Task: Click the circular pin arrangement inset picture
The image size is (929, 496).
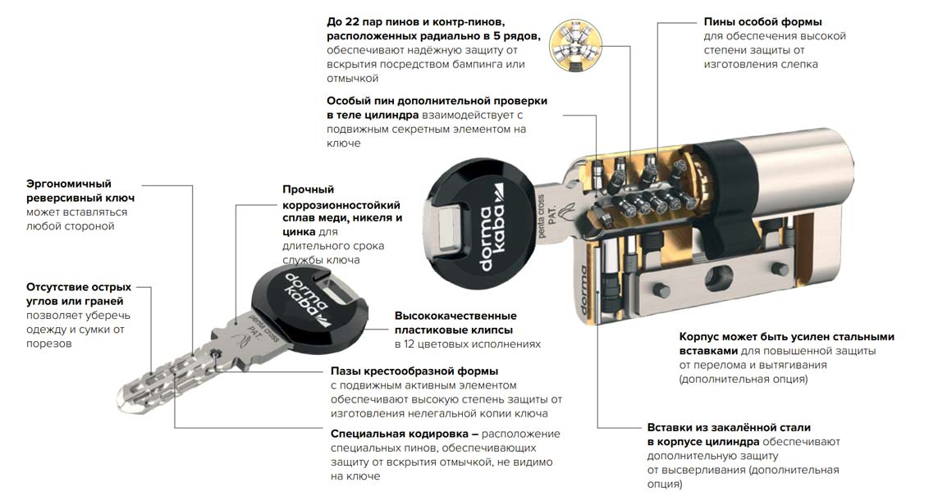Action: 575,46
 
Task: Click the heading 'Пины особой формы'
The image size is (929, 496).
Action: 762,22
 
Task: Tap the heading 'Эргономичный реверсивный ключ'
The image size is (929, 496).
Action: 80,190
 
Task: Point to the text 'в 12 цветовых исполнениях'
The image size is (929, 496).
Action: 468,344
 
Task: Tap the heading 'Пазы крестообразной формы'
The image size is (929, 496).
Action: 414,371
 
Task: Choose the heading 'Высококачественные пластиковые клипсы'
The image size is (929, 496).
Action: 455,322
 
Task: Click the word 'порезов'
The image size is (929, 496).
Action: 48,344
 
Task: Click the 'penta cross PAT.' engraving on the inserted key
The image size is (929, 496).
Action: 546,216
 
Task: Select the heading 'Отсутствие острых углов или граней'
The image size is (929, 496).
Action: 79,294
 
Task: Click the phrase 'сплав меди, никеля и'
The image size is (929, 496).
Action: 342,218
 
